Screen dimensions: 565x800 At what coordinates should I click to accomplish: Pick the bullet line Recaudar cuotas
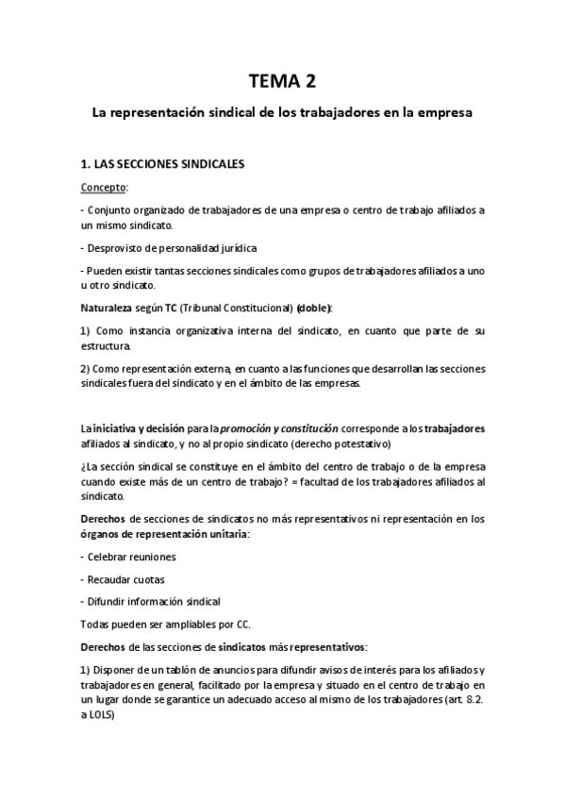point(124,578)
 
